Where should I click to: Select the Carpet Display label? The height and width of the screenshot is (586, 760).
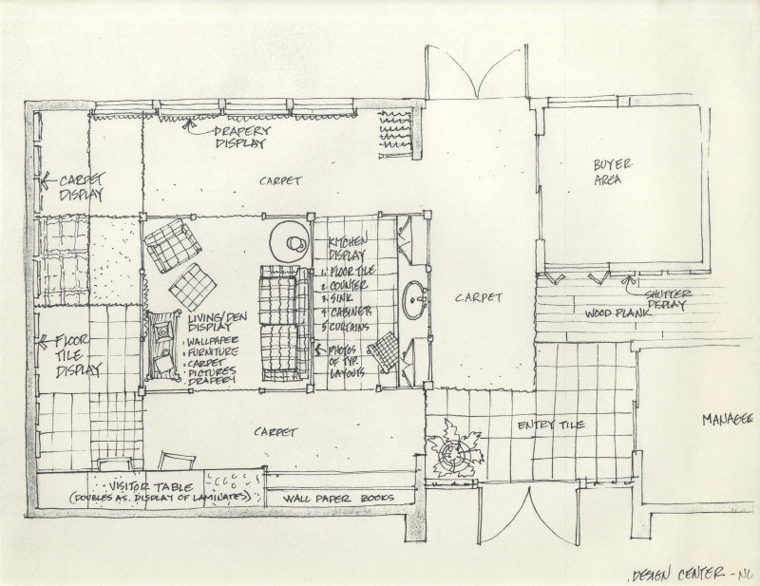pos(81,187)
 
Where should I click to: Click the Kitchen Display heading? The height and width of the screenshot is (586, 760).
pos(347,249)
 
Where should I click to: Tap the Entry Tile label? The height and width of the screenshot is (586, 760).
pos(551,425)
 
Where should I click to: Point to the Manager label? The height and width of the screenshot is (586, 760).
pos(729,418)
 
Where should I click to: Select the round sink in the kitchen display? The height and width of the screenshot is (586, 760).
pos(414,302)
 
